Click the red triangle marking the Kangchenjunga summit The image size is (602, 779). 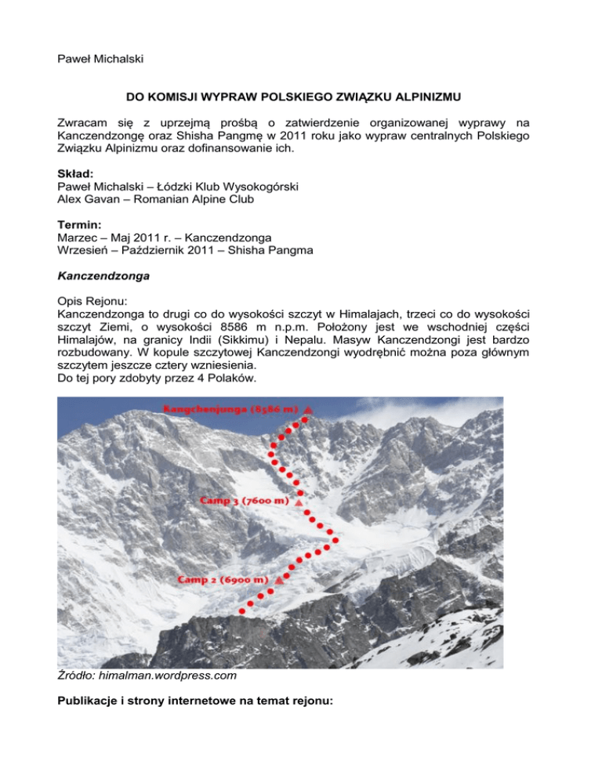309,409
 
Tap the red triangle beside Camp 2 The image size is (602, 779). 278,580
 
